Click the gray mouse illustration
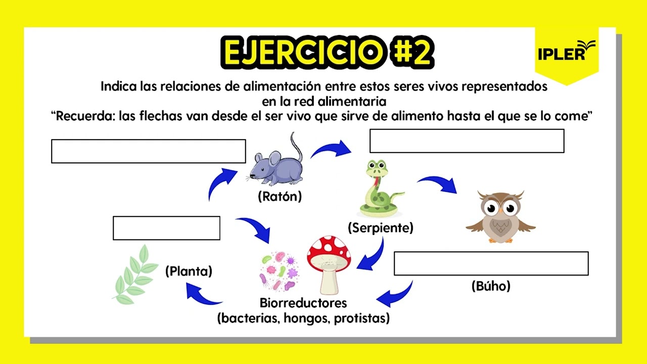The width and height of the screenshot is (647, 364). pos(276,164)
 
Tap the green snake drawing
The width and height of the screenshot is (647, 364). pos(380,189)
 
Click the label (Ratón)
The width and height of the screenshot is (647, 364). pos(280,197)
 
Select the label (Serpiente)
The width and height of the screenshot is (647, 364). pos(381,228)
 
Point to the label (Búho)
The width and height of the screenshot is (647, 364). pos(491,286)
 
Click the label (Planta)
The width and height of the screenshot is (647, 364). pos(189,271)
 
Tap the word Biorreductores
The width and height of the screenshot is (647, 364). pos(303,303)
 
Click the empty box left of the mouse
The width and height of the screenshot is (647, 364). pos(148,151)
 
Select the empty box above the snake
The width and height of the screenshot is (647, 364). pos(467,141)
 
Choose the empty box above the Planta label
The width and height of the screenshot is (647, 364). pos(166,228)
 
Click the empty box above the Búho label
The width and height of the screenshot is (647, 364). pos(491,263)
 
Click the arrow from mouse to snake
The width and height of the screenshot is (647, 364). pos(331,149)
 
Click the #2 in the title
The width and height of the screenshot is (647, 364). pos(412,52)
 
